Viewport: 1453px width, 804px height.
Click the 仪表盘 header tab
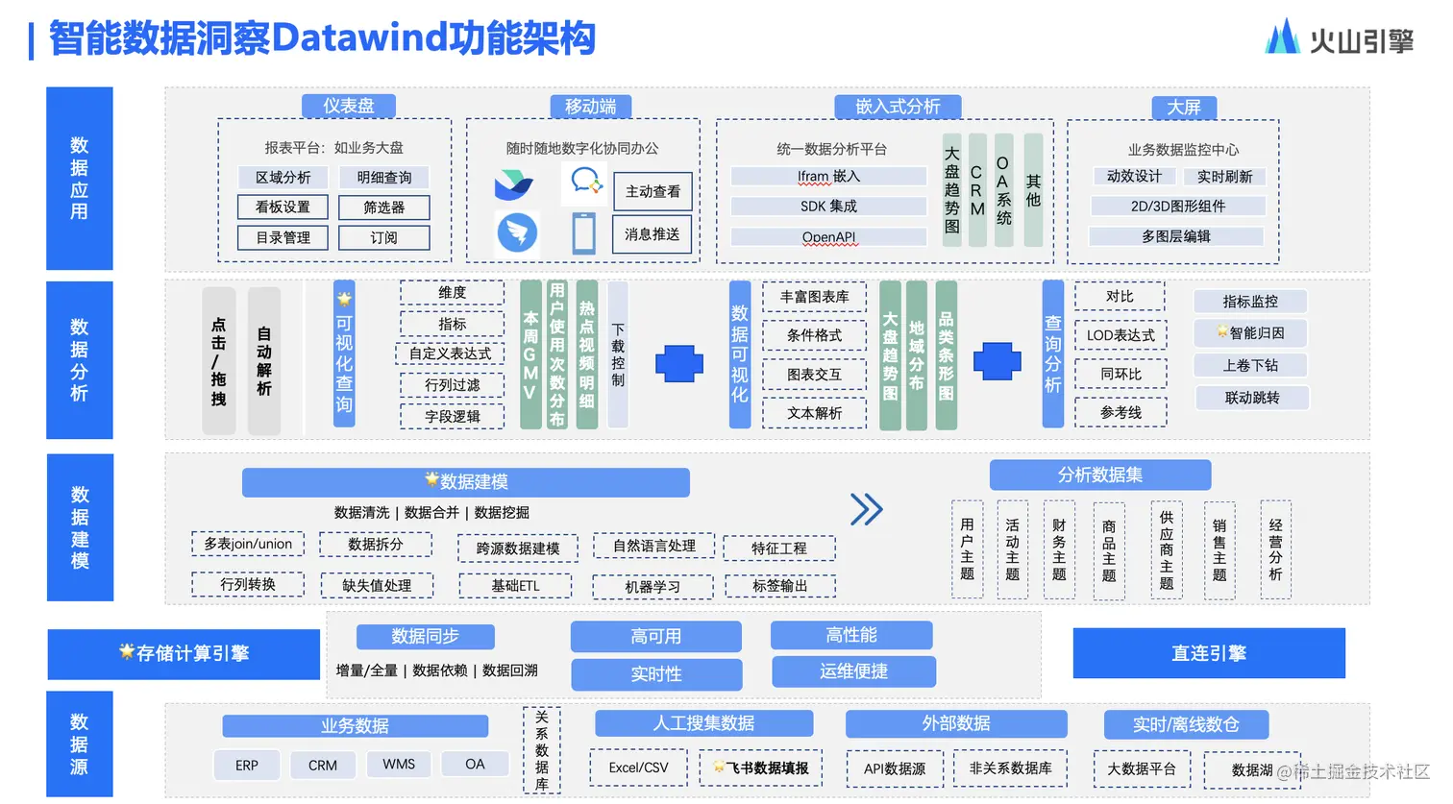click(348, 106)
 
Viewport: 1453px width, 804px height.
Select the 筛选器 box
click(384, 207)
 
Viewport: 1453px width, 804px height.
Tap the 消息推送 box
click(653, 234)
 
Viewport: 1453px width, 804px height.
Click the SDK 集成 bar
click(828, 207)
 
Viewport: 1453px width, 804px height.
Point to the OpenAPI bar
click(828, 237)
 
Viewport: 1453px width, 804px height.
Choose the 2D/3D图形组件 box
click(1177, 207)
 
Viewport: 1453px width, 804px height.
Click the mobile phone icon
click(583, 233)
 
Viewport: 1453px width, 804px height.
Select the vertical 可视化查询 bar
click(344, 353)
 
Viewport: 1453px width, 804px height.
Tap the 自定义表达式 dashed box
click(451, 353)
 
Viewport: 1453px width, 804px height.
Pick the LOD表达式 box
click(1121, 335)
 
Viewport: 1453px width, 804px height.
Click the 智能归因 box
click(1251, 333)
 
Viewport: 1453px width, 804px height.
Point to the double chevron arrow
click(866, 509)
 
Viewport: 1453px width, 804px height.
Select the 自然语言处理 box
click(654, 546)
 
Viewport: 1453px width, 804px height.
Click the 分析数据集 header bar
click(1099, 475)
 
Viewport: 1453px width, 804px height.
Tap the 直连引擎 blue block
click(1208, 653)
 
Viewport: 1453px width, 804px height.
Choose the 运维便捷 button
click(853, 671)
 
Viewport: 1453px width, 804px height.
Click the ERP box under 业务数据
click(247, 766)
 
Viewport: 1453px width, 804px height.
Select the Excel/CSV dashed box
click(638, 767)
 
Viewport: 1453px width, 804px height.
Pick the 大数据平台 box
click(1142, 768)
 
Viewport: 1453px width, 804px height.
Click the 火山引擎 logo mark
click(1282, 38)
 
